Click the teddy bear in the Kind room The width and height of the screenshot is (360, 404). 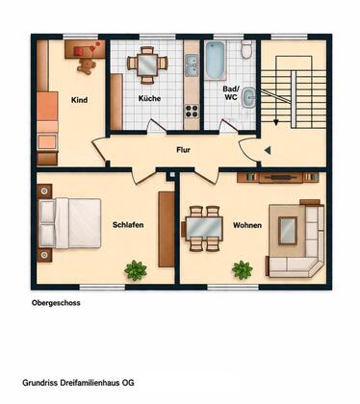[x=87, y=65]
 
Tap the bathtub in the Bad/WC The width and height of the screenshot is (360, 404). [x=216, y=61]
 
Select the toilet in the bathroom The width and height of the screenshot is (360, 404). [x=246, y=50]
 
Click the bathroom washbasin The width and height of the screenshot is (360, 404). [x=248, y=98]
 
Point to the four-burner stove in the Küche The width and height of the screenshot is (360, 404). [x=192, y=111]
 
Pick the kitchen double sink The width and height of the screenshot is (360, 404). [x=192, y=65]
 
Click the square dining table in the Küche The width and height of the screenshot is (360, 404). [x=147, y=65]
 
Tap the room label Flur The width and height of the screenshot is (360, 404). [x=183, y=150]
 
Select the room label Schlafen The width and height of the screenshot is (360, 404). [x=128, y=225]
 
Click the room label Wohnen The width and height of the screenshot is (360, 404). [x=247, y=225]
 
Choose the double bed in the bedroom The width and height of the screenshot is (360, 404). [x=69, y=223]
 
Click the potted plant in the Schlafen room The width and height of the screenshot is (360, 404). [x=136, y=270]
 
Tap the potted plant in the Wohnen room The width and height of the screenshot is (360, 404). [x=243, y=269]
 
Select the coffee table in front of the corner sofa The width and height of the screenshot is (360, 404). [x=288, y=231]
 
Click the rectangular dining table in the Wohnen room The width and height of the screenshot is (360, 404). [x=204, y=228]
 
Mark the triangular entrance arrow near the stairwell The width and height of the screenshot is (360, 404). [x=268, y=150]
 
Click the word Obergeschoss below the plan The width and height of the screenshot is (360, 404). [x=56, y=303]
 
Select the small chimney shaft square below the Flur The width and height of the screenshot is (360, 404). [x=172, y=174]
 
